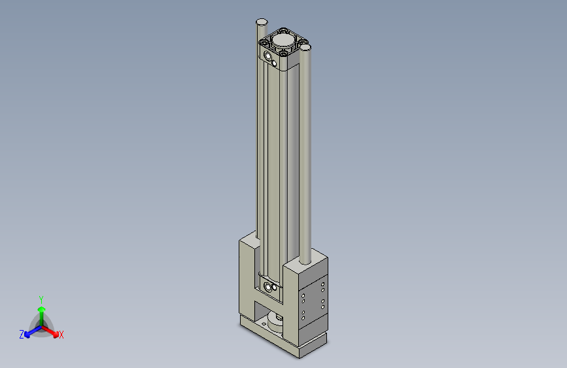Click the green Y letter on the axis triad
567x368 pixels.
tap(41, 299)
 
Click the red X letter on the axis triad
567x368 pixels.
tap(61, 335)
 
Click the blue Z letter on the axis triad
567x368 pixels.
tap(22, 335)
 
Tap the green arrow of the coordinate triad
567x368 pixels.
tap(41, 310)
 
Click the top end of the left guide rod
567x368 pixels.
tap(261, 22)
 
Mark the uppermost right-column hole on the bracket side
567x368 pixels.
tap(323, 283)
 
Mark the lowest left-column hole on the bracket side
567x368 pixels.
tap(303, 317)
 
